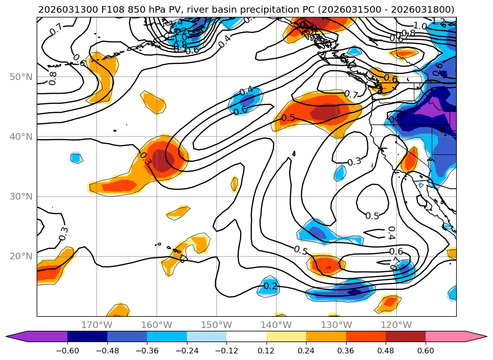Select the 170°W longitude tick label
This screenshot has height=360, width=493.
(x=97, y=325)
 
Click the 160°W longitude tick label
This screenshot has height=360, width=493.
(x=156, y=325)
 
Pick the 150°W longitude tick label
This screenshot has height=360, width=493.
(x=216, y=325)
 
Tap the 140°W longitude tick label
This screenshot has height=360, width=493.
(x=276, y=325)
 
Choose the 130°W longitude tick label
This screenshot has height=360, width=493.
(x=336, y=325)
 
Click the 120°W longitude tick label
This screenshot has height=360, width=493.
(x=396, y=325)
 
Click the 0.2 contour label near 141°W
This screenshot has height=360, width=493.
(x=270, y=286)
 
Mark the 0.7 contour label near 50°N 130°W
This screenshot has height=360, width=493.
(x=351, y=94)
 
